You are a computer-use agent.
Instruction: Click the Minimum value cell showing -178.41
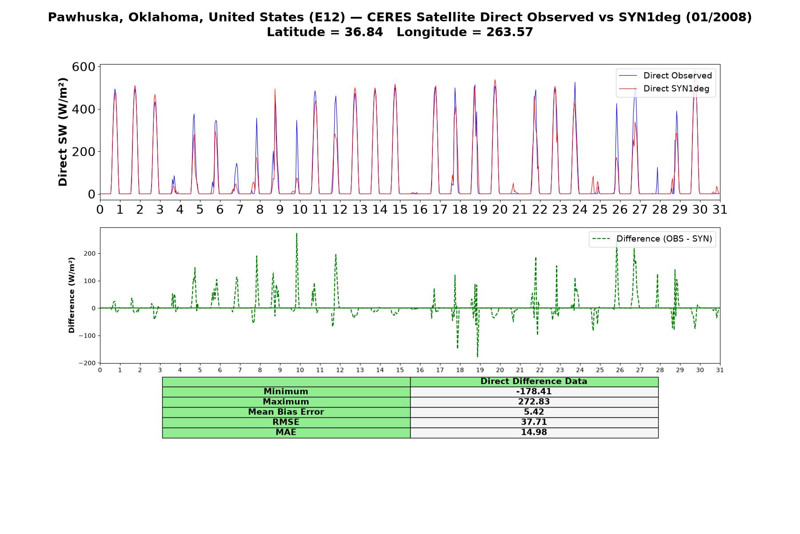coord(534,392)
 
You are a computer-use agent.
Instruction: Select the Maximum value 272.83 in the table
coord(534,402)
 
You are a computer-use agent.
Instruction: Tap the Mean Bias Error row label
coord(286,412)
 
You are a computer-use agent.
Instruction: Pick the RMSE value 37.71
coord(534,422)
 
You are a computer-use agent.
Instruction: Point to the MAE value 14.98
coord(534,433)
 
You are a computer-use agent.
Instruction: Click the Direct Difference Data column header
coord(534,381)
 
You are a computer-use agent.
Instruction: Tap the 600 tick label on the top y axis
coord(84,67)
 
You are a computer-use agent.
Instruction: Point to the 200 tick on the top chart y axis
coord(84,152)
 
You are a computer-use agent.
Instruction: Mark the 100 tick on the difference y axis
coord(90,281)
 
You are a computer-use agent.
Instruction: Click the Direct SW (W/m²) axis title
coord(63,132)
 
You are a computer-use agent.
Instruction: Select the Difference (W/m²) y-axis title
coord(72,295)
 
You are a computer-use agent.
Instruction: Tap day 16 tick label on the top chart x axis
coord(420,209)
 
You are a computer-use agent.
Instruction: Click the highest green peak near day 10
coord(296,233)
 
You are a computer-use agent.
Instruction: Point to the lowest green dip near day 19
coord(477,357)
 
